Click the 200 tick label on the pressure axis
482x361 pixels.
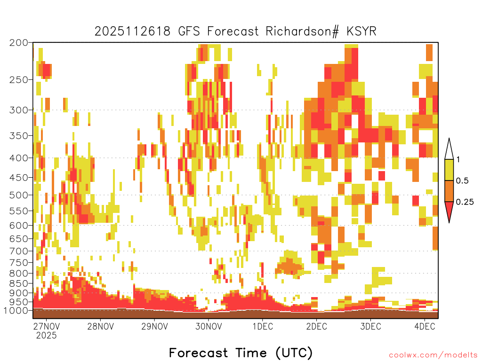pos(19,43)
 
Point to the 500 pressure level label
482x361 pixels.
pos(19,195)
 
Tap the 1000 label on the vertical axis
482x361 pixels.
pos(16,310)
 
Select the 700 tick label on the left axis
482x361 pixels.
pos(19,251)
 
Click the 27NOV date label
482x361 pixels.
pos(47,326)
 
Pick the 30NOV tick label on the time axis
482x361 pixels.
pos(209,326)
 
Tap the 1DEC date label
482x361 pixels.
pos(263,326)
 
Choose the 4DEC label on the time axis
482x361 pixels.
pos(425,326)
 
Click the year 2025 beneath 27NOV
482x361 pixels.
pos(47,335)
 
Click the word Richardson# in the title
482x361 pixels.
pos(303,31)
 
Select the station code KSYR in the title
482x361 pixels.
pos(361,31)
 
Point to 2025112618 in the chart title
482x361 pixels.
pos(132,31)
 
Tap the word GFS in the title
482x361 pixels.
pos(189,31)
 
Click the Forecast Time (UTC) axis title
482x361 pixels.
pos(241,353)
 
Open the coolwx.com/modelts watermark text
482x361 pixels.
pos(433,355)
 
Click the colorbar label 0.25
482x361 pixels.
pos(465,202)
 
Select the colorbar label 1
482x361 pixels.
pos(458,159)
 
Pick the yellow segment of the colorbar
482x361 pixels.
pos(449,170)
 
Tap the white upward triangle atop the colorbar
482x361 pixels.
pos(449,149)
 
